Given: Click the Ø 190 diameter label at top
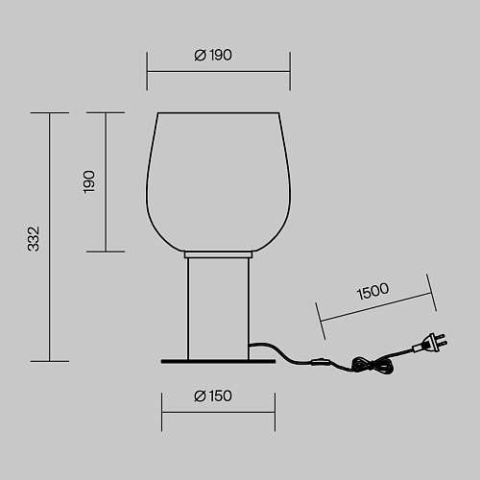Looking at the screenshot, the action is [x=213, y=56].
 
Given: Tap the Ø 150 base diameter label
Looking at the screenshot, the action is [x=213, y=396].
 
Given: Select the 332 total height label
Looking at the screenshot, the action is [x=34, y=239].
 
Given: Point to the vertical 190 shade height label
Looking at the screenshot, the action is [x=89, y=181].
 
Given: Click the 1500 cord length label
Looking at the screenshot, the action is [x=372, y=291].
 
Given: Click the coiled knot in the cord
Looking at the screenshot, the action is [x=372, y=366].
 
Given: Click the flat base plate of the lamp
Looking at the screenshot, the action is [x=218, y=362].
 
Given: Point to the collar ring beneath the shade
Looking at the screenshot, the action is [x=218, y=254].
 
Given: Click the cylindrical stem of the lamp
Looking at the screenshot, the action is [x=218, y=309].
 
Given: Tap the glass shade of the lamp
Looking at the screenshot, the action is [x=219, y=181].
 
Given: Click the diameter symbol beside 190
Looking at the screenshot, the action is [x=200, y=56].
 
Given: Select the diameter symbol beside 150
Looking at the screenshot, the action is [x=200, y=396].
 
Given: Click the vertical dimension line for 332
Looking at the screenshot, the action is [x=50, y=237].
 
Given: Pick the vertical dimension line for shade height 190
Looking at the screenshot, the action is [x=106, y=182].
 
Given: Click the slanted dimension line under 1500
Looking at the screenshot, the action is [x=376, y=306].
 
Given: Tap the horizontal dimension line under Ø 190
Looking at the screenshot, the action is [x=219, y=72].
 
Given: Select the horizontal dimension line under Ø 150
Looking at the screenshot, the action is [x=218, y=413].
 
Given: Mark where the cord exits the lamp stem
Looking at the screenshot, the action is [x=250, y=345].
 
